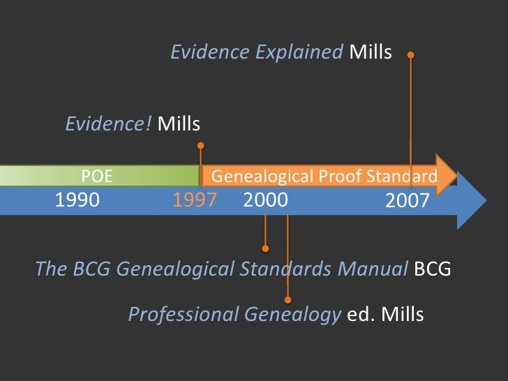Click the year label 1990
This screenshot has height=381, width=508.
click(x=77, y=200)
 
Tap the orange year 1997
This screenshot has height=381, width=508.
click(x=195, y=200)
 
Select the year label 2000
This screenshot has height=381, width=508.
click(x=265, y=200)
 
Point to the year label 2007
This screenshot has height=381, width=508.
click(x=408, y=202)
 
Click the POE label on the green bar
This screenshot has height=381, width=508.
click(x=97, y=176)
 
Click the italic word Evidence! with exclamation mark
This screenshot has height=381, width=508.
click(x=108, y=124)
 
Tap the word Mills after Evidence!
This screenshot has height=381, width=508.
click(x=179, y=124)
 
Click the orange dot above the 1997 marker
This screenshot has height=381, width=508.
click(x=201, y=146)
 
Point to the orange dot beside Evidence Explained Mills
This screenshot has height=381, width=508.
click(x=410, y=54)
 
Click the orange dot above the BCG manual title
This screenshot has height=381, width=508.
click(x=265, y=248)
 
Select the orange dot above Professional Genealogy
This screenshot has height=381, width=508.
click(x=287, y=299)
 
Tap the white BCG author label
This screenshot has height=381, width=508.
click(x=433, y=269)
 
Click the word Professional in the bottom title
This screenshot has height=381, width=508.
click(x=183, y=315)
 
